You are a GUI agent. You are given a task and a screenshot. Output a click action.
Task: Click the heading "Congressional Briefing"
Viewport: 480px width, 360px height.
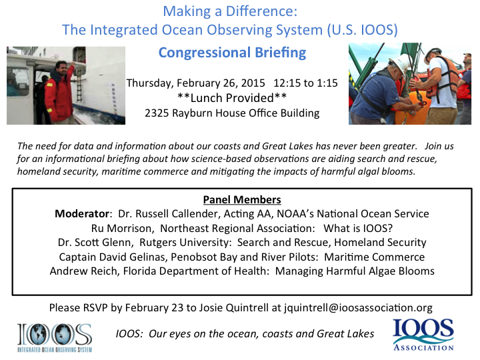coord(232,53)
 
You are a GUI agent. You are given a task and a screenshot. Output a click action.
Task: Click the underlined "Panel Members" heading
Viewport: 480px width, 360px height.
coord(242,199)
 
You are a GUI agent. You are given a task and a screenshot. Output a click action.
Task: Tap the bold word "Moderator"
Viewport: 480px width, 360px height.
coord(82,214)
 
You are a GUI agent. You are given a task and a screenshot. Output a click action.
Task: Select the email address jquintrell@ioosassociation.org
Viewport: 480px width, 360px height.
coord(358,307)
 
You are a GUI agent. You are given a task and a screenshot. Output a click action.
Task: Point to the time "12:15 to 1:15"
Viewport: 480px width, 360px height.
coord(305,83)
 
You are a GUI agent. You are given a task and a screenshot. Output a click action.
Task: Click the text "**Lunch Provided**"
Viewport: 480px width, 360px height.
coord(232,98)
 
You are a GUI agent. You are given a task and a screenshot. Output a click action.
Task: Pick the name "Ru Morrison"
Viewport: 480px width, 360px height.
coord(121,229)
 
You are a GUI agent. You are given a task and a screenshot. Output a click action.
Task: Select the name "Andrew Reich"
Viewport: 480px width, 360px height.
coord(83,271)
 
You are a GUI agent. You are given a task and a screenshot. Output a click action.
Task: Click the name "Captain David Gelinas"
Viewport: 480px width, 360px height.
coord(112,257)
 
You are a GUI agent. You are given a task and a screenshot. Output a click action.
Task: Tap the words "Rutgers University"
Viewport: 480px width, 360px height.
coord(184,243)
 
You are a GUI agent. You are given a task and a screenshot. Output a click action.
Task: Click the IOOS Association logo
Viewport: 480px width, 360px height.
coord(423,335)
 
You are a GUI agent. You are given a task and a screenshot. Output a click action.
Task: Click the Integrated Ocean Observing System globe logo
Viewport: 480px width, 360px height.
coord(55,337)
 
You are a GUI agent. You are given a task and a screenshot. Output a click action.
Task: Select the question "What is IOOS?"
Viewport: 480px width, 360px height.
coord(358,229)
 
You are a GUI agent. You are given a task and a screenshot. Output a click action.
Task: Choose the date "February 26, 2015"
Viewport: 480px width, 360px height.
coord(221,83)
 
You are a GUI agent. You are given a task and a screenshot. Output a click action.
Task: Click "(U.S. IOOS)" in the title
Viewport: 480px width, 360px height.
coord(363,30)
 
